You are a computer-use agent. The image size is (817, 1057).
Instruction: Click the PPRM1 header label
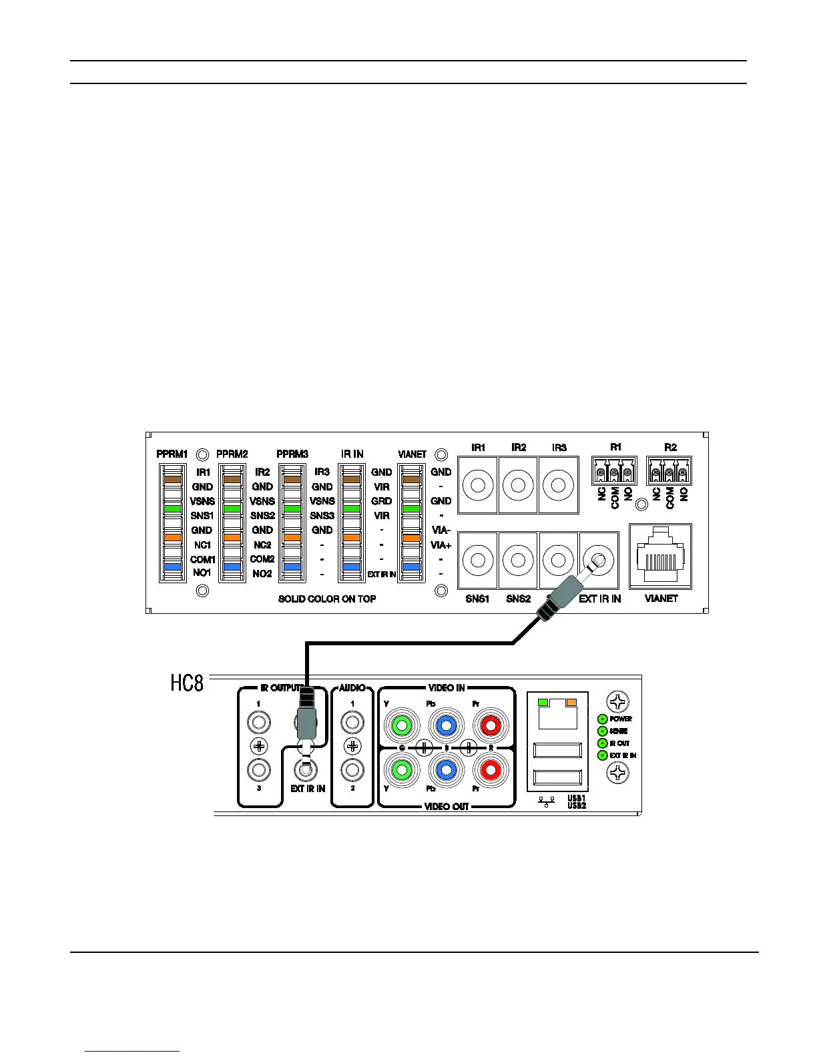pos(172,454)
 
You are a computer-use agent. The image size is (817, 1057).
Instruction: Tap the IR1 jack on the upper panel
pos(478,485)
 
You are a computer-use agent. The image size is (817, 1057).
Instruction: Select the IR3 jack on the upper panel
pos(559,485)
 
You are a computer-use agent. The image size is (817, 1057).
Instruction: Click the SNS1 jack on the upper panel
pos(478,559)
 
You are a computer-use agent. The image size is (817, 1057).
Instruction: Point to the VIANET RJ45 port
pos(660,557)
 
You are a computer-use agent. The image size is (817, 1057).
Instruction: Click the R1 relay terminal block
pos(613,471)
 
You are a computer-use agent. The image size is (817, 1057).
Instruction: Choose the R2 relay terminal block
pos(669,471)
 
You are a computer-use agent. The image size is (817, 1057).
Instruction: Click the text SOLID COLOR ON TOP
pos(327,599)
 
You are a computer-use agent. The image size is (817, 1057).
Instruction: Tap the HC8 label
pos(187,684)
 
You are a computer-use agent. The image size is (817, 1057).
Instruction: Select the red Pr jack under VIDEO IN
pos(491,724)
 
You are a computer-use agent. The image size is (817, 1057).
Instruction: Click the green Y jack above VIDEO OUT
pos(401,770)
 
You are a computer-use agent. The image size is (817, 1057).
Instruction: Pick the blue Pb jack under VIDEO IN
pos(447,724)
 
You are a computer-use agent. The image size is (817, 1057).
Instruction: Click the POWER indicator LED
pos(602,719)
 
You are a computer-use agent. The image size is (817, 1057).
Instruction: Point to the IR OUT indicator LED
pos(602,743)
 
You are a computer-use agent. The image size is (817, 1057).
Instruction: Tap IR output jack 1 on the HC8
pos(258,722)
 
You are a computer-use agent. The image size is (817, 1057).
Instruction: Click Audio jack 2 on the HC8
pos(352,770)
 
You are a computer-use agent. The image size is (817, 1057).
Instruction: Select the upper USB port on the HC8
pos(557,749)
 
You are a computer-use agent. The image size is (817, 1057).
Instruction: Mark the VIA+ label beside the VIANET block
pos(441,545)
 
